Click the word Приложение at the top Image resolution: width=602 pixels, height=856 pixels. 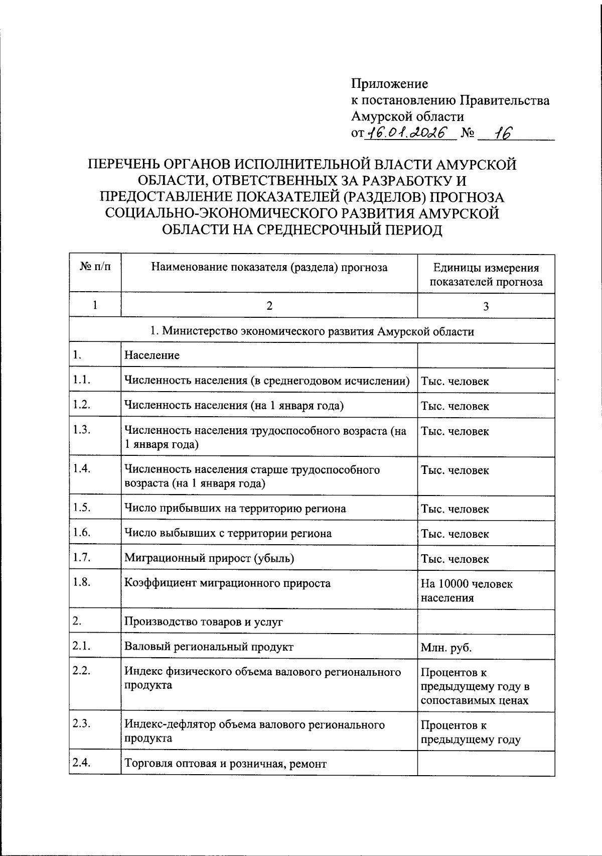point(389,83)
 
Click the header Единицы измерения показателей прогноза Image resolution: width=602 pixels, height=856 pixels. point(486,275)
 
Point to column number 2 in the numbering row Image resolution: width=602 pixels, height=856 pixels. point(269,306)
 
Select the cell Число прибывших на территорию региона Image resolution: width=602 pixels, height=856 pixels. point(235,509)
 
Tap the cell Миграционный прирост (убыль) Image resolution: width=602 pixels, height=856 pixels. point(209,558)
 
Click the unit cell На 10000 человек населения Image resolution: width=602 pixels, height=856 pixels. point(466,590)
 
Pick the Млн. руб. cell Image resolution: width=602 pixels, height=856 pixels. point(446,648)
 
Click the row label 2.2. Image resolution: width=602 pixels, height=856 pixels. point(81,671)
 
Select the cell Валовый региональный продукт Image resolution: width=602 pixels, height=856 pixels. point(209,647)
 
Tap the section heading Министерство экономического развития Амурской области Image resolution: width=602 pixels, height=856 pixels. point(312,331)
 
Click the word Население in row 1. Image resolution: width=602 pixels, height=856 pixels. point(152,355)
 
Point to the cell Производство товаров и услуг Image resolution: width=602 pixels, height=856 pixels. point(204,622)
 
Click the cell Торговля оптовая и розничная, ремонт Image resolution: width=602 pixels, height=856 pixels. point(225,764)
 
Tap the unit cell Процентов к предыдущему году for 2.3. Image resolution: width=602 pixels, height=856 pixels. point(470,732)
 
